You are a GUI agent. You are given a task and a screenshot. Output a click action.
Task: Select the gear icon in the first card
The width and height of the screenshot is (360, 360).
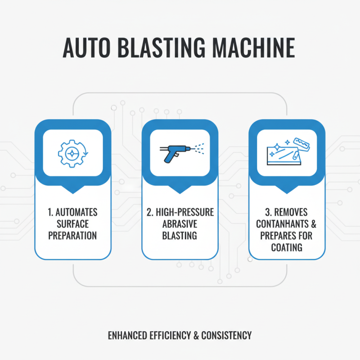(72, 153)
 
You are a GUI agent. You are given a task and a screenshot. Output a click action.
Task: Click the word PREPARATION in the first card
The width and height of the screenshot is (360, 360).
(72, 235)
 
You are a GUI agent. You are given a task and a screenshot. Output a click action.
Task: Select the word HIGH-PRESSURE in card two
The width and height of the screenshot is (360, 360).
(184, 212)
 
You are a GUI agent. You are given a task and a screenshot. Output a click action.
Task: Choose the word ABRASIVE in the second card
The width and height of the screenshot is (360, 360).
(180, 224)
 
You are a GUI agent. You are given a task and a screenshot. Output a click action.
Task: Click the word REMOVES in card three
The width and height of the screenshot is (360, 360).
(292, 212)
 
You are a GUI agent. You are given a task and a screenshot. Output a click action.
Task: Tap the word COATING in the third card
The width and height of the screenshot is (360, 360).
(287, 247)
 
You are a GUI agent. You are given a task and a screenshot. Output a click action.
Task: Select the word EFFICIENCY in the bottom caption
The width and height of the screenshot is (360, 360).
(172, 336)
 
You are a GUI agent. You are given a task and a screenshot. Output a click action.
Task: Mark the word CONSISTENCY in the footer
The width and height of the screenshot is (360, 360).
(227, 336)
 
